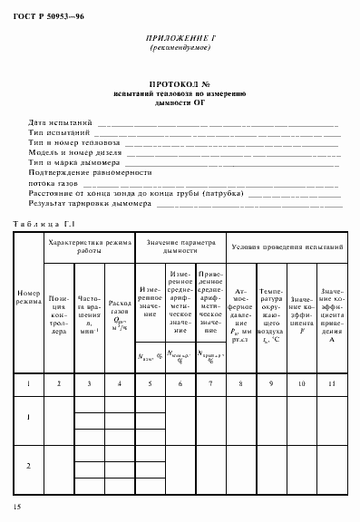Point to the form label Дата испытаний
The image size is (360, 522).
[x=61, y=121]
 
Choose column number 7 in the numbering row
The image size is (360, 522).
[x=210, y=386]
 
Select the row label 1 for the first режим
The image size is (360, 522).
[x=28, y=418]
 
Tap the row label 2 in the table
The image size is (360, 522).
[x=28, y=466]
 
